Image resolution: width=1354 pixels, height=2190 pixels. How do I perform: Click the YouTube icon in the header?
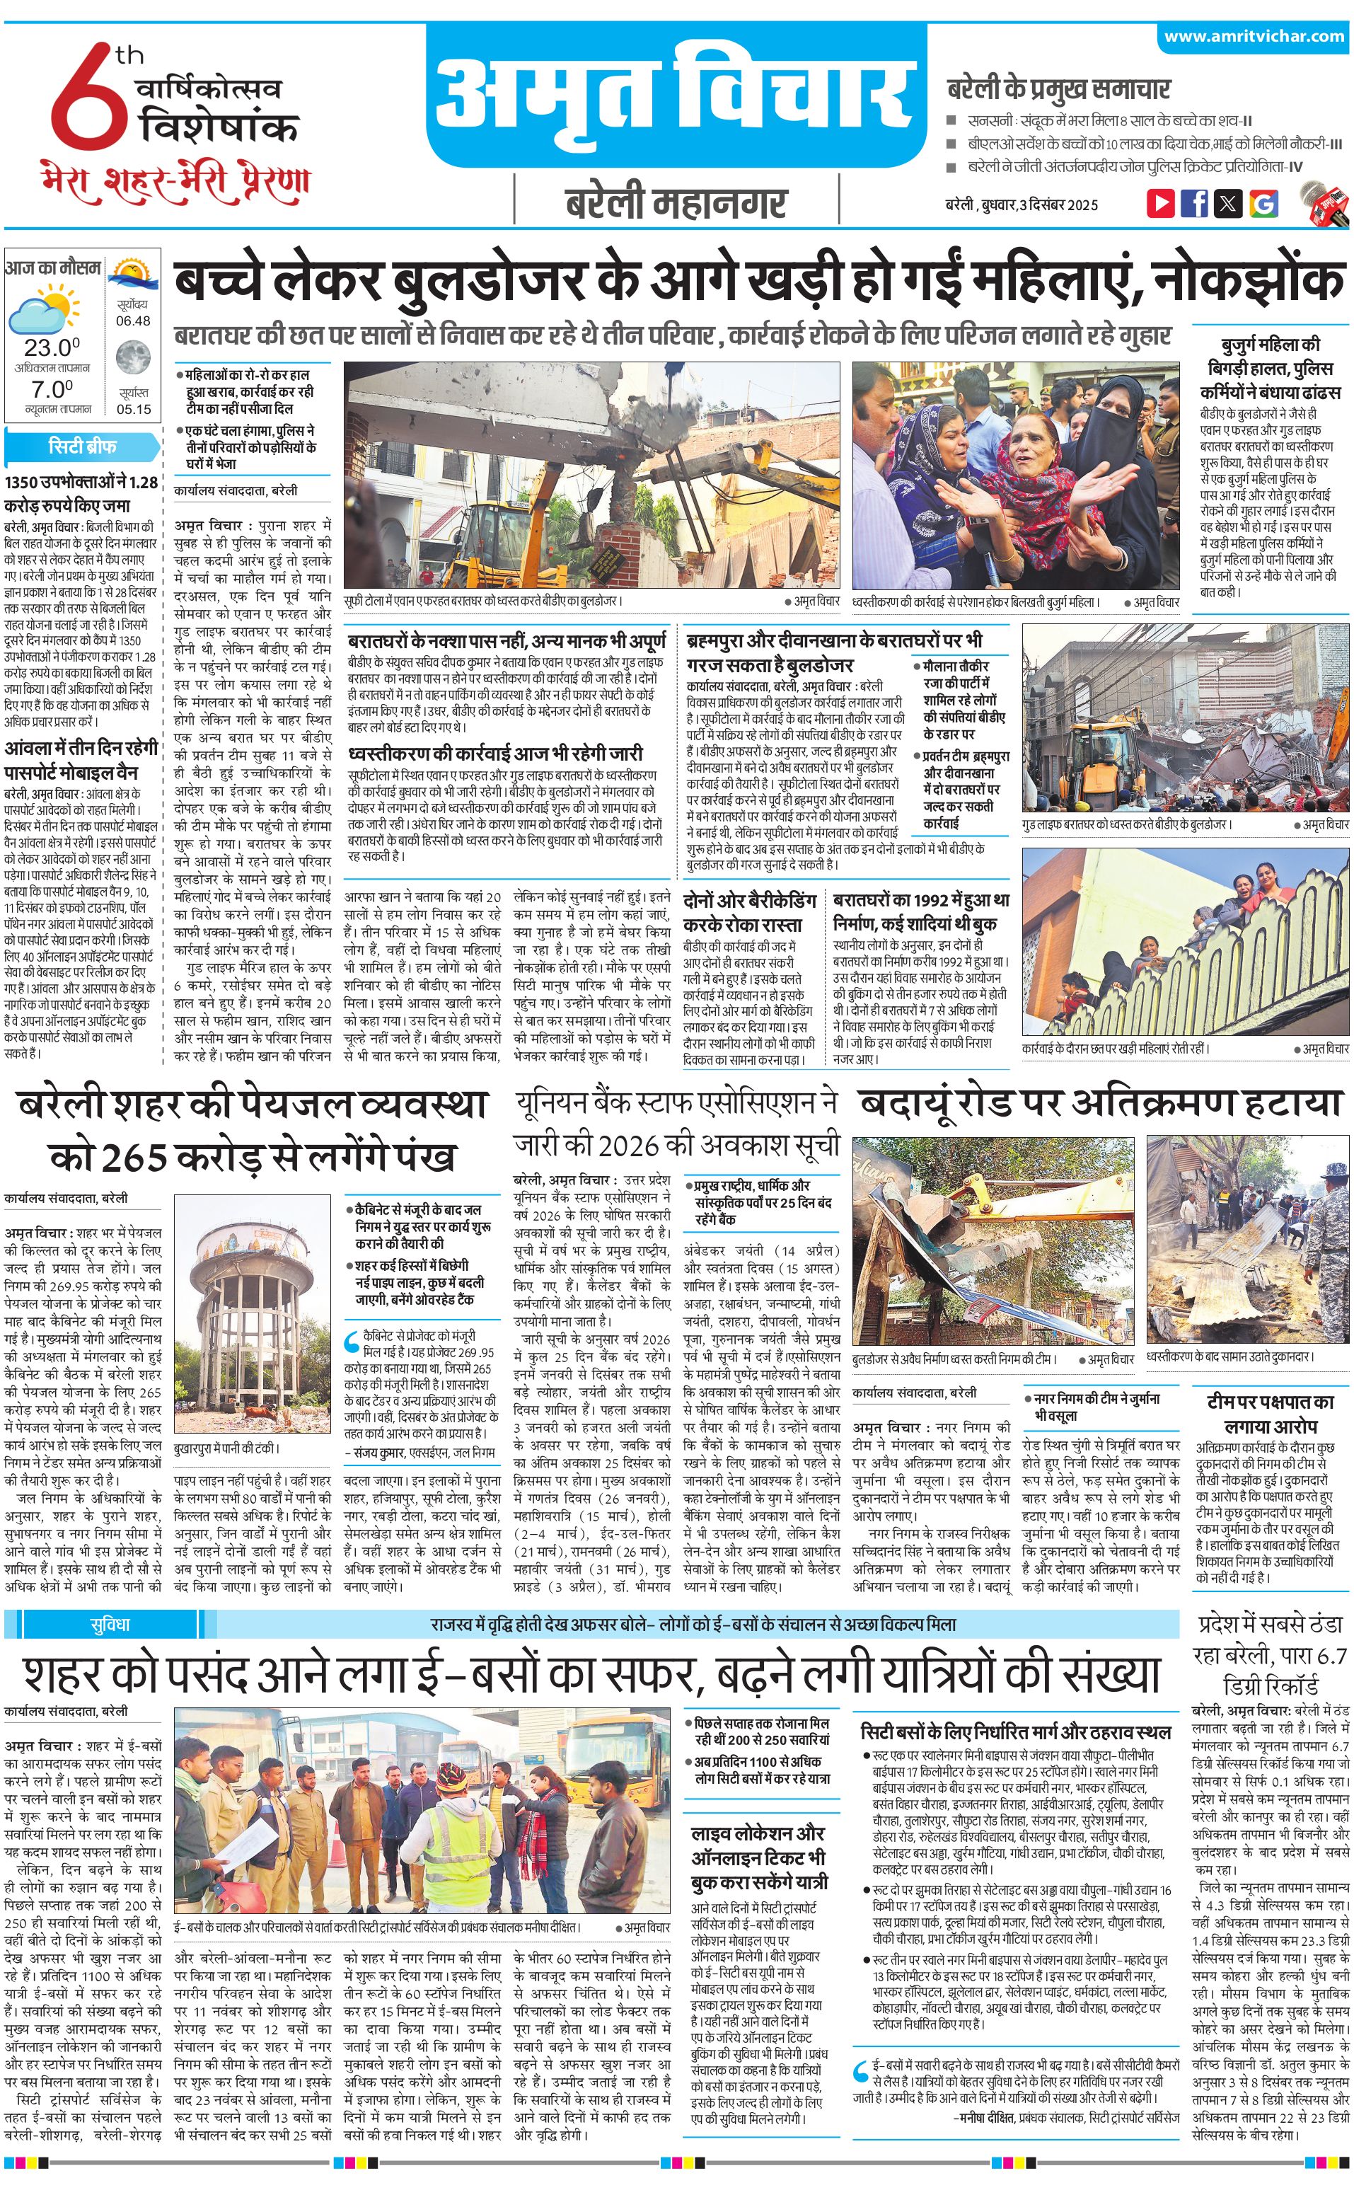1161,202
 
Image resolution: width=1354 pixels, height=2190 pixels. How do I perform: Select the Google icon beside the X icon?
1263,203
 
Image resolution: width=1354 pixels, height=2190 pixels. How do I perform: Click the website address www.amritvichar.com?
1254,36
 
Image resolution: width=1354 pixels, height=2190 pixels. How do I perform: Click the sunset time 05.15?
134,409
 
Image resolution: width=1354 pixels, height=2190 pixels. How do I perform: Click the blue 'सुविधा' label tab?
109,1624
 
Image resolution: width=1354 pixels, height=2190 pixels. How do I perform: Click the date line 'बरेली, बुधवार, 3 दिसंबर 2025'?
1021,204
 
